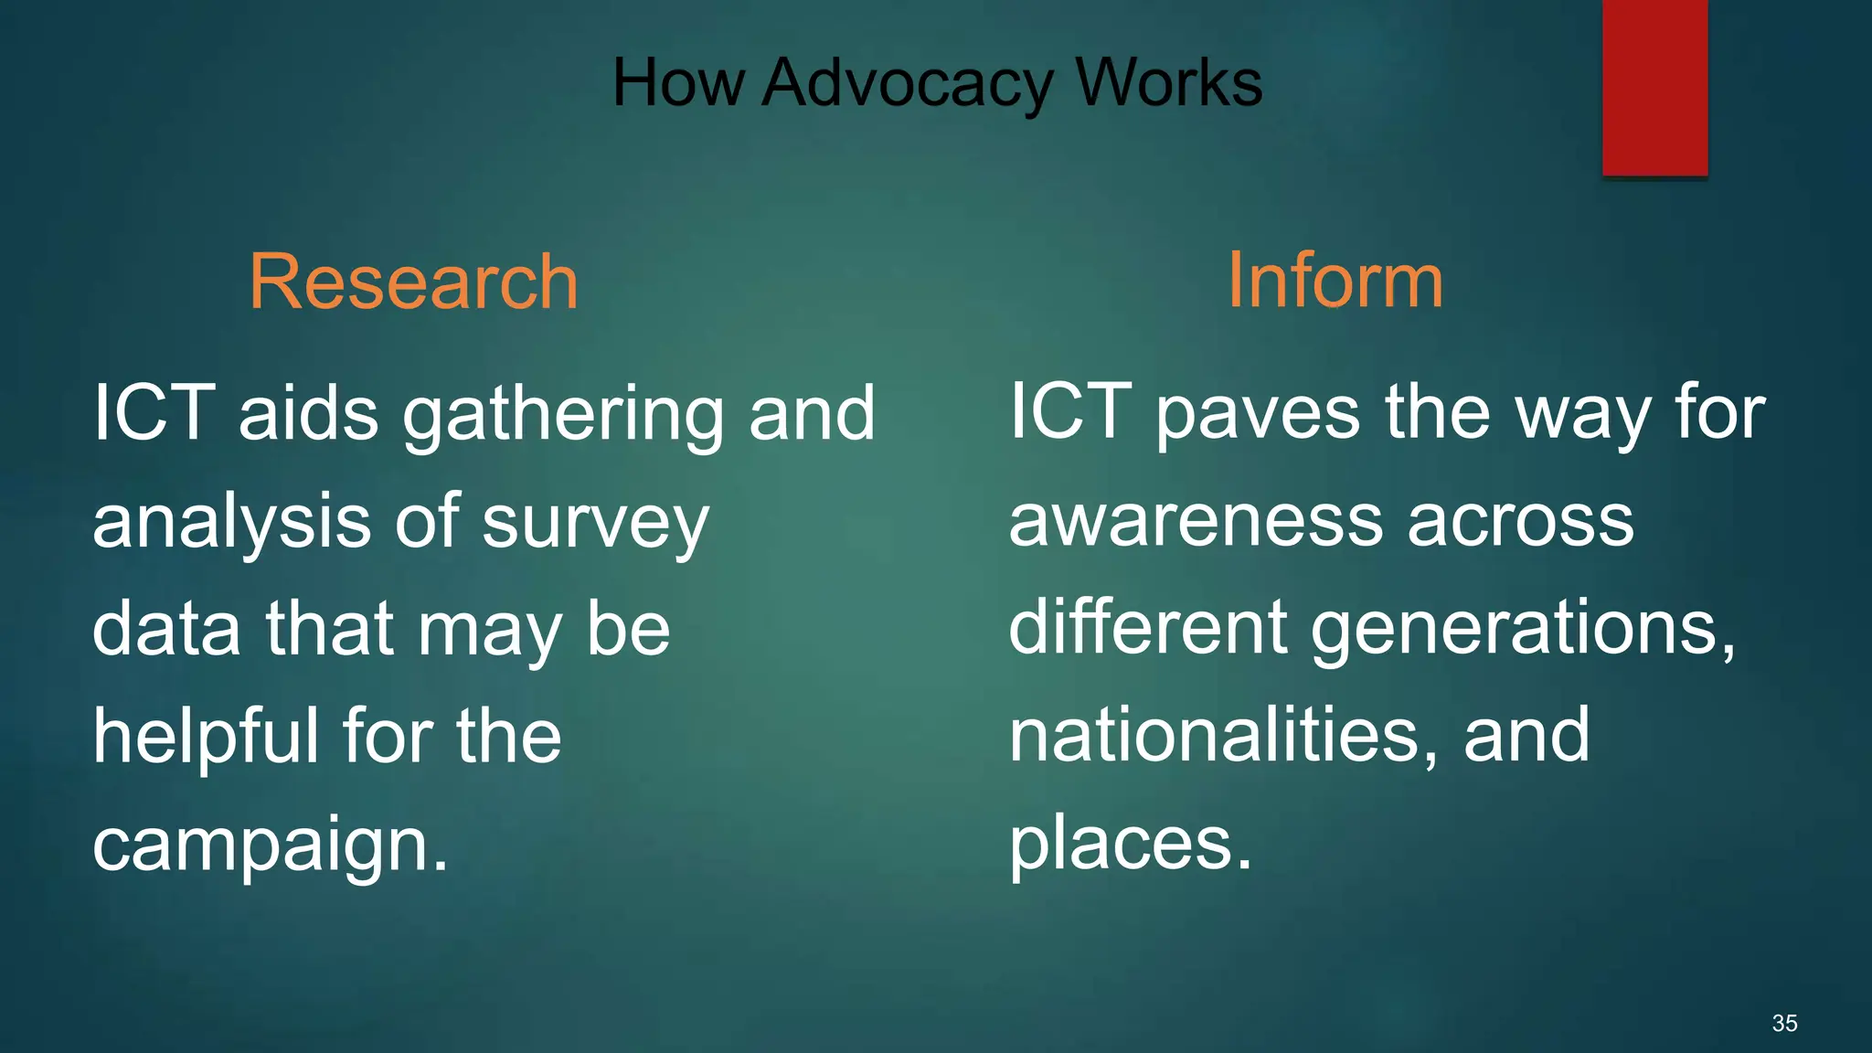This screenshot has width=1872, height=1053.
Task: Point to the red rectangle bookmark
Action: click(1654, 88)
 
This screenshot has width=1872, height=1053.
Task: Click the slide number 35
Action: click(1784, 1023)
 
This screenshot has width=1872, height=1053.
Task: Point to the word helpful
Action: click(207, 737)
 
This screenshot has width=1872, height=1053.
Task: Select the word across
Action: click(1520, 521)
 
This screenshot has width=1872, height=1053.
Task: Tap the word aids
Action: click(308, 413)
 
